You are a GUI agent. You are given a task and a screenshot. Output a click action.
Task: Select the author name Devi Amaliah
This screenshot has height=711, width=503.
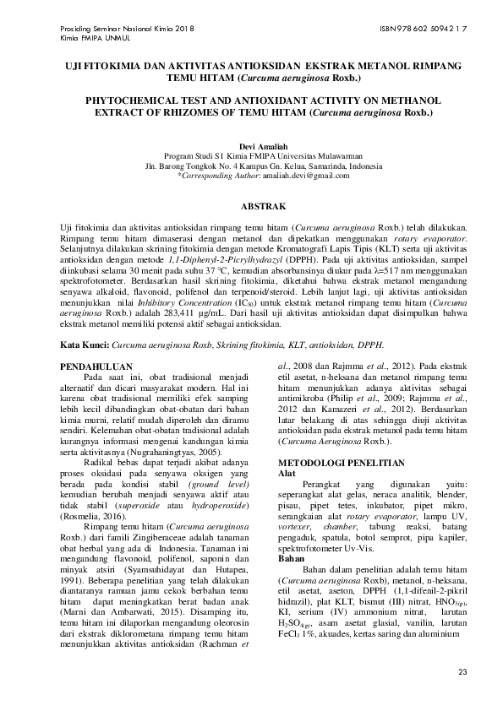(252, 146)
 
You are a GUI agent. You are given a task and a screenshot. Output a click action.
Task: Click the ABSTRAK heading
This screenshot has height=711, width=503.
(251, 206)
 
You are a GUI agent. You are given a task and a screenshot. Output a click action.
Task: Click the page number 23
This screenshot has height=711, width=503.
(461, 671)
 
